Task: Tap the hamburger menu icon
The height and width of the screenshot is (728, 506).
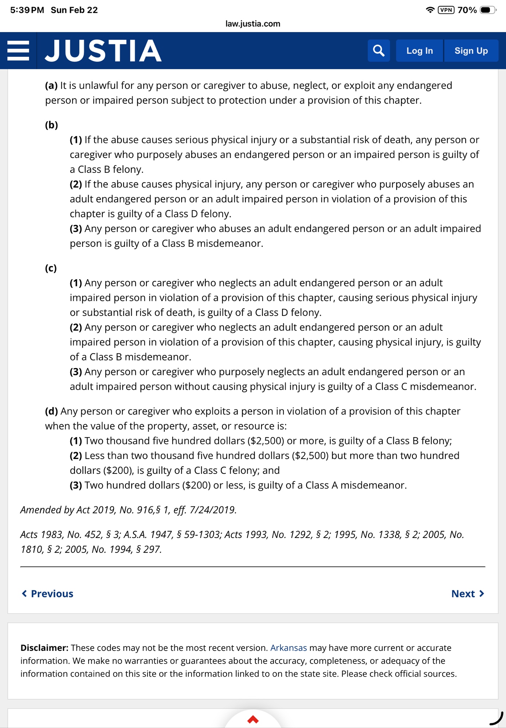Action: [18, 51]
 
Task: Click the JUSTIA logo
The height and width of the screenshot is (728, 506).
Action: [103, 51]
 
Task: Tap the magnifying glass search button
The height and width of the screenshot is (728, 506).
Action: [378, 51]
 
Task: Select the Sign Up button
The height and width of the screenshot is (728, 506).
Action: [471, 51]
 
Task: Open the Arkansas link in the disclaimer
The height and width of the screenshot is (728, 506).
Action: [289, 648]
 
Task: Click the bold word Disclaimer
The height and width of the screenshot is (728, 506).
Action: [44, 648]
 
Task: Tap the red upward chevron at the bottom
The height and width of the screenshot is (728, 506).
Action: [253, 719]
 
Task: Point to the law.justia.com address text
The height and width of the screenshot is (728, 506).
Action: [253, 24]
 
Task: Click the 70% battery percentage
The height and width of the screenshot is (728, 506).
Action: [467, 10]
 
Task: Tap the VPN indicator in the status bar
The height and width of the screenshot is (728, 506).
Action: [446, 10]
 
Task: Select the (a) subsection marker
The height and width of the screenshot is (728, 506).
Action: [51, 86]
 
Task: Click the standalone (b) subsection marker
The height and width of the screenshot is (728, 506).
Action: [51, 125]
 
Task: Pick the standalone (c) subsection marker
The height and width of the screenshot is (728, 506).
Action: [51, 268]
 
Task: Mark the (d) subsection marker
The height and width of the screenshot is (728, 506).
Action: [51, 411]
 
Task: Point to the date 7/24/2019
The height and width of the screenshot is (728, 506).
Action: [213, 510]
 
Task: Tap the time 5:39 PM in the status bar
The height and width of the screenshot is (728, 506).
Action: [27, 10]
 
